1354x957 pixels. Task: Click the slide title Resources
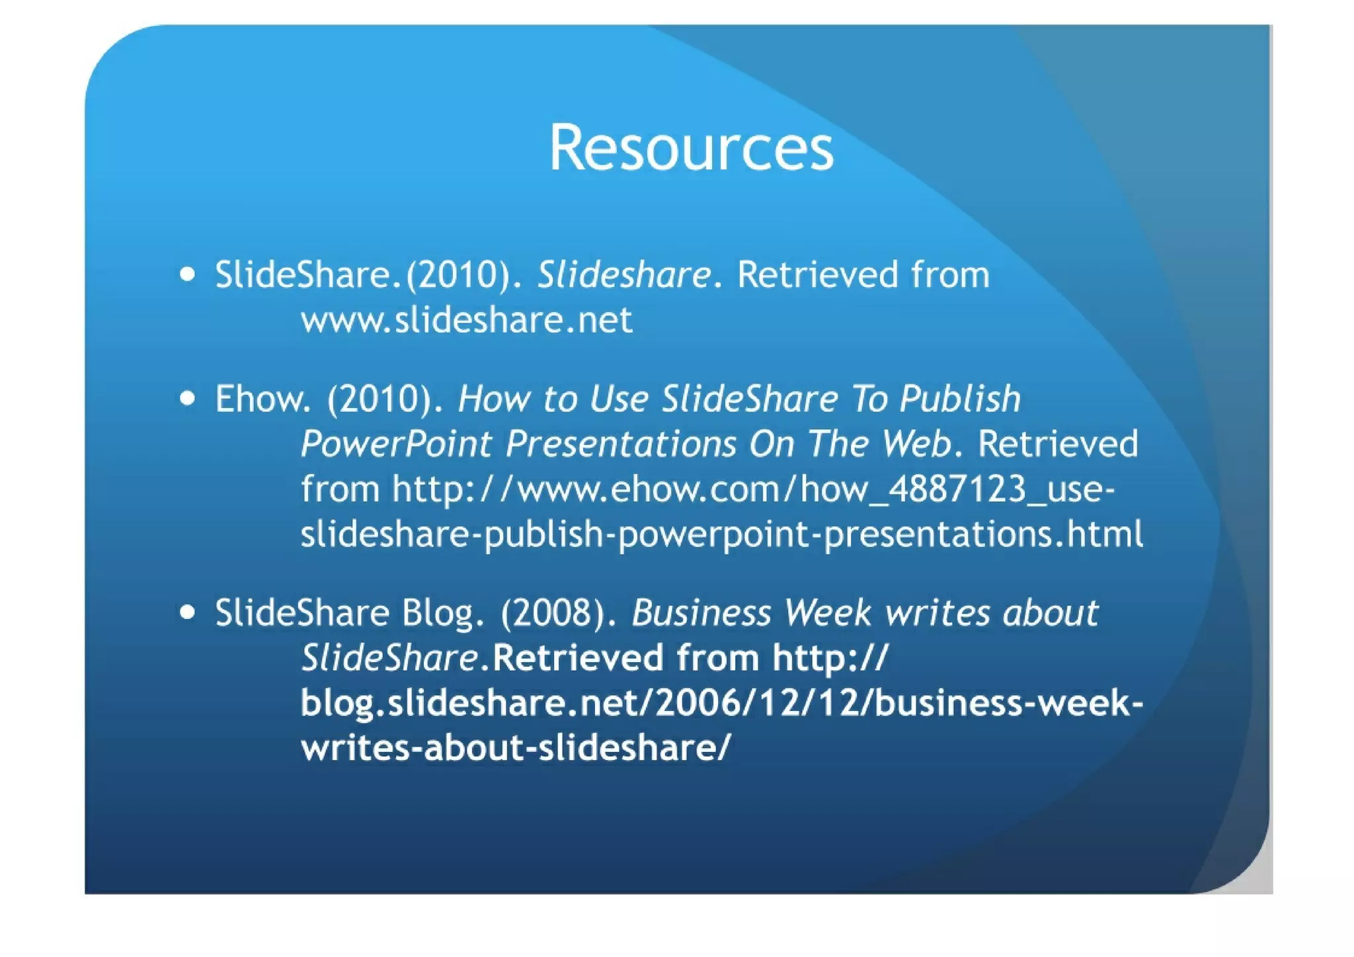[x=691, y=148]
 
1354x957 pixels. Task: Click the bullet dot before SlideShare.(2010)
[x=188, y=274]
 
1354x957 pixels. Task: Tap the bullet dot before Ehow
[x=188, y=398]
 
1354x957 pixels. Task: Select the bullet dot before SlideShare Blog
[x=188, y=612]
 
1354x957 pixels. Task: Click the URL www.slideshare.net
[x=466, y=321]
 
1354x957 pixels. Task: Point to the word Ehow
[x=262, y=399]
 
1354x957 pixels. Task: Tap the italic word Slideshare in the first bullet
[x=624, y=275]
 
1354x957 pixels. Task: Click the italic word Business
[x=701, y=613]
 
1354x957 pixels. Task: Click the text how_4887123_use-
[x=957, y=490]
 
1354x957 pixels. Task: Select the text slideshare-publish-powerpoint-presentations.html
[x=721, y=534]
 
